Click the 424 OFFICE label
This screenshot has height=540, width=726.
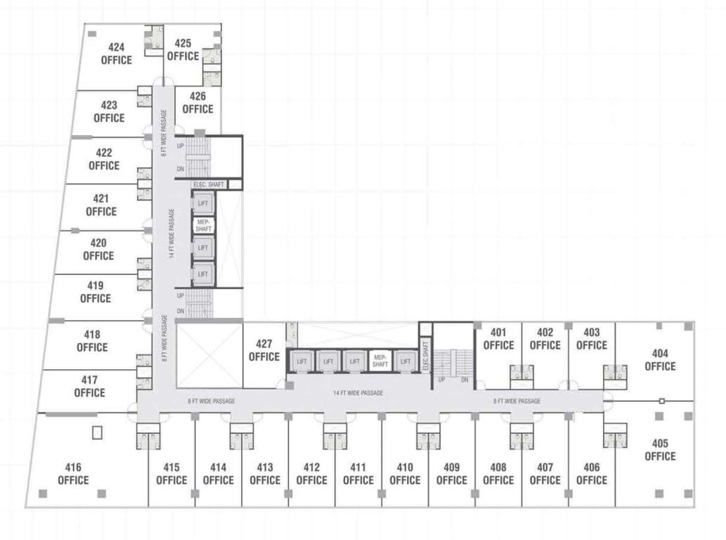(117, 54)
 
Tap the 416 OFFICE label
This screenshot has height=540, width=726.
(73, 474)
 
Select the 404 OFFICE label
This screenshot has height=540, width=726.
(660, 360)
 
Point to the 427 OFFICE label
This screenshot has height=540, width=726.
(264, 350)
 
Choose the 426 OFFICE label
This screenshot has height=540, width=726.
(197, 103)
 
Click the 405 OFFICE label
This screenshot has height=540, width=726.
(660, 450)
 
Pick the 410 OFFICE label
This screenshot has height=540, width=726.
(405, 474)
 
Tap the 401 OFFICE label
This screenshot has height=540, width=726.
(498, 339)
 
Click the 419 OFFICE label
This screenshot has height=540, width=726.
(96, 292)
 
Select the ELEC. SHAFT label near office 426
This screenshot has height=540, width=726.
(208, 185)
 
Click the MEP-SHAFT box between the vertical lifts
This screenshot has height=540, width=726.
(203, 226)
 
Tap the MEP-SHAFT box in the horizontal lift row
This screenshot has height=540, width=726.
(380, 361)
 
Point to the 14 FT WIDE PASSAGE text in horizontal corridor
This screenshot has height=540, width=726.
(358, 393)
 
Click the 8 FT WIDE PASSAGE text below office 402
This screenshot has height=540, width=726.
(517, 401)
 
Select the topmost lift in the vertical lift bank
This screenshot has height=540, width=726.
(203, 203)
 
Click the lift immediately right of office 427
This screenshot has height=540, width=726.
(302, 361)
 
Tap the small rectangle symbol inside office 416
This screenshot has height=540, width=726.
(97, 432)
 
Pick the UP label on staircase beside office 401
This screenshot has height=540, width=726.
(442, 380)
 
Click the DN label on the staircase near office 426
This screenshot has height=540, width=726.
(181, 169)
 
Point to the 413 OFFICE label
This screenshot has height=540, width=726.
(265, 474)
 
